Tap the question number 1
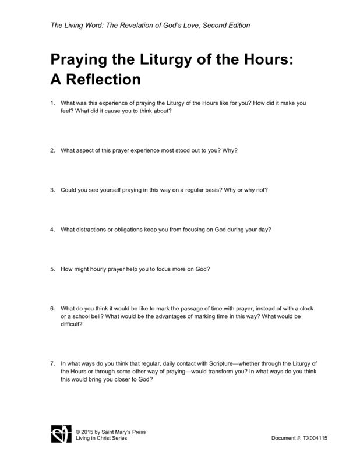tap(52, 103)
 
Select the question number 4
tap(52, 229)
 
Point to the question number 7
tap(52, 363)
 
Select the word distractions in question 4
tap(92, 229)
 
